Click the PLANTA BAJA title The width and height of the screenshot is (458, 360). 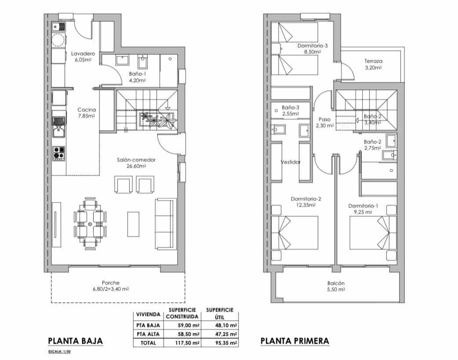(x=75, y=341)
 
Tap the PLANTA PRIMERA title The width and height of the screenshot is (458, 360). (x=294, y=341)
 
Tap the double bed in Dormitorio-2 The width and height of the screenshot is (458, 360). (x=295, y=233)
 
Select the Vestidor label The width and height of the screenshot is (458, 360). (x=291, y=162)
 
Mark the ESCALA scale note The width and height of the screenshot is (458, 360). (x=59, y=352)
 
